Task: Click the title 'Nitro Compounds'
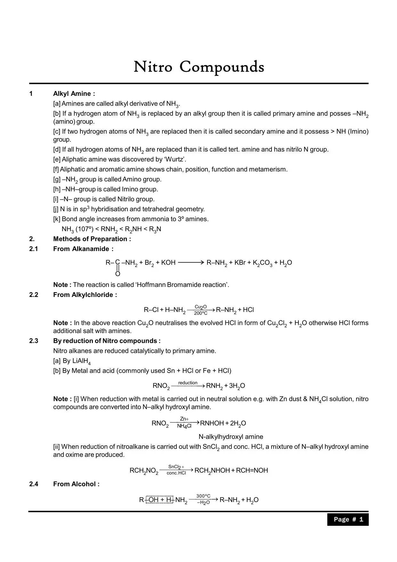pyautogui.click(x=199, y=67)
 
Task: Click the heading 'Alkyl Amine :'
pyautogui.click(x=74, y=94)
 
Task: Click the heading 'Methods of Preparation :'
pyautogui.click(x=92, y=239)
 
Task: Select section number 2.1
pyautogui.click(x=34, y=249)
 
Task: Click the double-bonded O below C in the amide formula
pyautogui.click(x=117, y=274)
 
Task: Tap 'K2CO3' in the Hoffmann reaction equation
pyautogui.click(x=262, y=263)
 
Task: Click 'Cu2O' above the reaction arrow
pyautogui.click(x=200, y=307)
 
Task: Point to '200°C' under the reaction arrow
pyautogui.click(x=200, y=313)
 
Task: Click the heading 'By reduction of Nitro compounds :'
pyautogui.click(x=107, y=341)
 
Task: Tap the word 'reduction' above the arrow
pyautogui.click(x=188, y=383)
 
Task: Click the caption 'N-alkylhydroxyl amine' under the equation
pyautogui.click(x=231, y=436)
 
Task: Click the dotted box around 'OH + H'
pyautogui.click(x=159, y=500)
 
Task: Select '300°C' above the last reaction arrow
pyautogui.click(x=203, y=496)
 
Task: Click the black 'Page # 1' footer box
pyautogui.click(x=348, y=519)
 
